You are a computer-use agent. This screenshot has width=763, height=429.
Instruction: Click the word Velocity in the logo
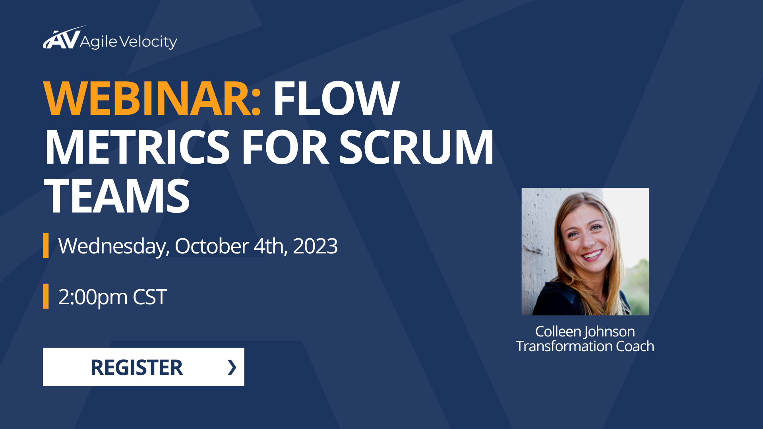click(148, 42)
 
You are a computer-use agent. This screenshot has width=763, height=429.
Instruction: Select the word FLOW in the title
click(336, 99)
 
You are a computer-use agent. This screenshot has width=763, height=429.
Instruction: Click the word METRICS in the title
click(137, 147)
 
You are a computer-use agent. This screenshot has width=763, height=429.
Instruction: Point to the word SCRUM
click(416, 147)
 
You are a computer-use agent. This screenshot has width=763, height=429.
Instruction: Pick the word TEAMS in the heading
click(117, 196)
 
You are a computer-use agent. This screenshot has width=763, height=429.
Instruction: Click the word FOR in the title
click(285, 147)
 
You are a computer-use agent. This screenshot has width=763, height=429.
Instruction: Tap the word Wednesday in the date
click(114, 246)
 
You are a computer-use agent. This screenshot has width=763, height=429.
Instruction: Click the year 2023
click(315, 246)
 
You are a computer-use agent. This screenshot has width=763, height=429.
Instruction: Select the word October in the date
click(212, 246)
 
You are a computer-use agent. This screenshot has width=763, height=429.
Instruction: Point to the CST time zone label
click(150, 297)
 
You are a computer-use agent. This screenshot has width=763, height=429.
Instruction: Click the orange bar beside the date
click(46, 245)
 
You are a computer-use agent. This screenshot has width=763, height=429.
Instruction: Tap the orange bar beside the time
click(46, 296)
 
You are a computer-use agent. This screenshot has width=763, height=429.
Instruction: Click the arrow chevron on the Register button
click(232, 367)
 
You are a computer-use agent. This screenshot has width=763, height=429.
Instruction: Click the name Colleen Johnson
click(585, 331)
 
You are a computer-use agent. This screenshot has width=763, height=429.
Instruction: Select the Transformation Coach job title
click(585, 346)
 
